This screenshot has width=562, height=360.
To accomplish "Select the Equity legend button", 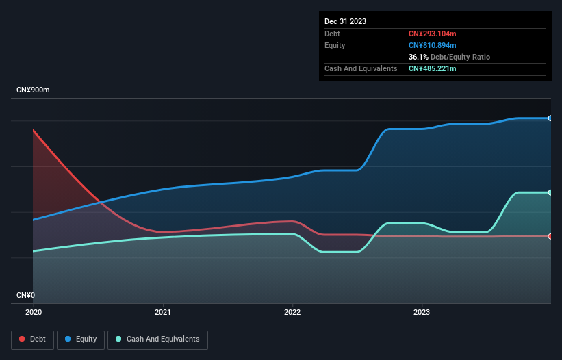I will point(81,339).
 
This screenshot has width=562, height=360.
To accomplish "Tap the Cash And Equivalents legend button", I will point(157,339).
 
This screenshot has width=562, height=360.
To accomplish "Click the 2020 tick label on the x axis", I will point(33,312).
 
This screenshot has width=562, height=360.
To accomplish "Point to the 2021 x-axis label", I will point(163,312).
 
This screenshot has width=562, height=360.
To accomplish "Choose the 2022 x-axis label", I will point(292,312).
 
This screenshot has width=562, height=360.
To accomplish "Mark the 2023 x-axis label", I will point(422,312).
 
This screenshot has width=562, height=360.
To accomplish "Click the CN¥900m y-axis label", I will point(33,90).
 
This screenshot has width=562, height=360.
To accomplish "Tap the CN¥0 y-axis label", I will point(25,296).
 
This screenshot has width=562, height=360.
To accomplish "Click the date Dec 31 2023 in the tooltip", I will point(345,21).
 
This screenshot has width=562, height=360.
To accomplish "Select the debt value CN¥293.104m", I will point(432,34).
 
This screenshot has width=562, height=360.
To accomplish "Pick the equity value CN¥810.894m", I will point(432,45).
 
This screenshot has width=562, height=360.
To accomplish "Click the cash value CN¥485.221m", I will point(432,68).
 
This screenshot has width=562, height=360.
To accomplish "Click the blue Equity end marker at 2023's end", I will point(550,118).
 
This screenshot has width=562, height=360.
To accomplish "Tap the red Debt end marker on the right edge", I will point(550,236).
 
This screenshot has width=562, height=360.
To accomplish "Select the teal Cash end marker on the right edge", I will point(550,192).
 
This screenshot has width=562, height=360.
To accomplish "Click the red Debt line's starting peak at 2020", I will point(34,130).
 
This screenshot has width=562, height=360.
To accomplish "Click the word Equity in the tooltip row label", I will point(335,45).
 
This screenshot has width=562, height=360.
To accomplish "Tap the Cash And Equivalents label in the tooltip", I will point(361,68).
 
